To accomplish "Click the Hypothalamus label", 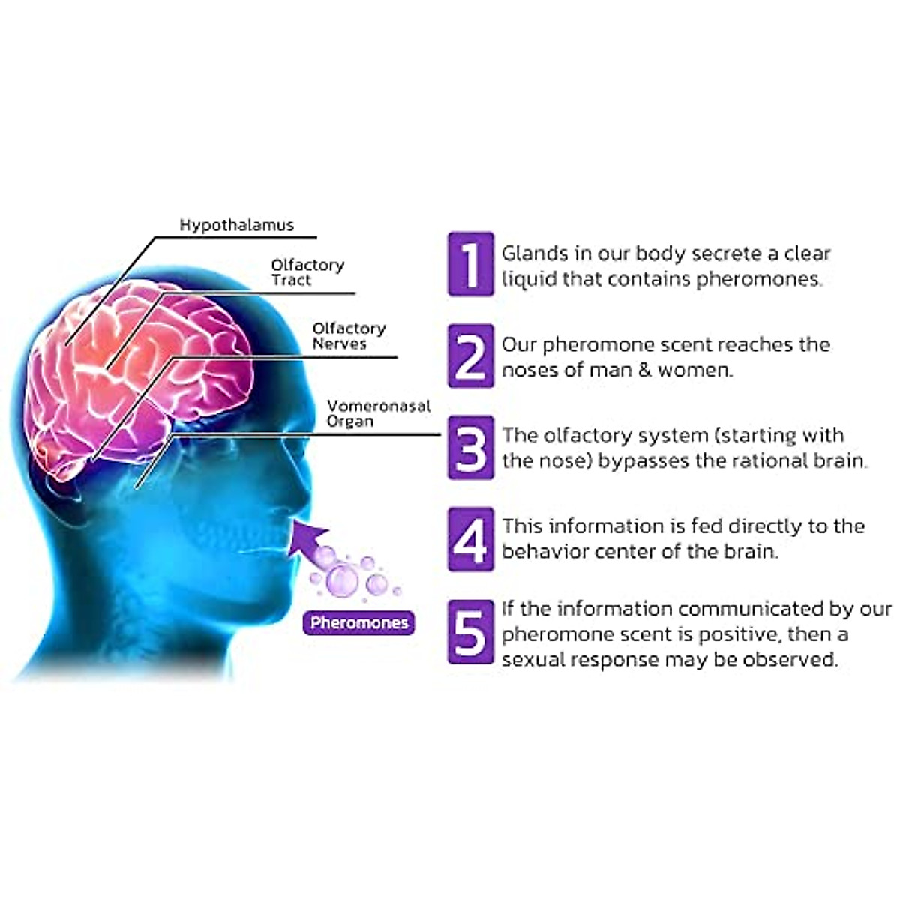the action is [x=236, y=225].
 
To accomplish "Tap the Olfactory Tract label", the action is [x=307, y=272].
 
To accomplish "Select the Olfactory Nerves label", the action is [x=349, y=336].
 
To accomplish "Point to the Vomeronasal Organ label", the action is [x=378, y=413].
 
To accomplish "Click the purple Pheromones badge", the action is [x=359, y=623].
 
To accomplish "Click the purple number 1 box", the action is [x=471, y=264].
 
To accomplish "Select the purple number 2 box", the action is [x=471, y=355].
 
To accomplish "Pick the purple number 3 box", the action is [x=471, y=448].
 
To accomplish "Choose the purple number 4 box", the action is [x=471, y=539].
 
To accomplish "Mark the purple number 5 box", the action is [x=471, y=632].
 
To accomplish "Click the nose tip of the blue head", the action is [x=309, y=491].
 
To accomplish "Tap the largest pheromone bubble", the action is [x=344, y=578].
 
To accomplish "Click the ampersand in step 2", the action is [x=646, y=370].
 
